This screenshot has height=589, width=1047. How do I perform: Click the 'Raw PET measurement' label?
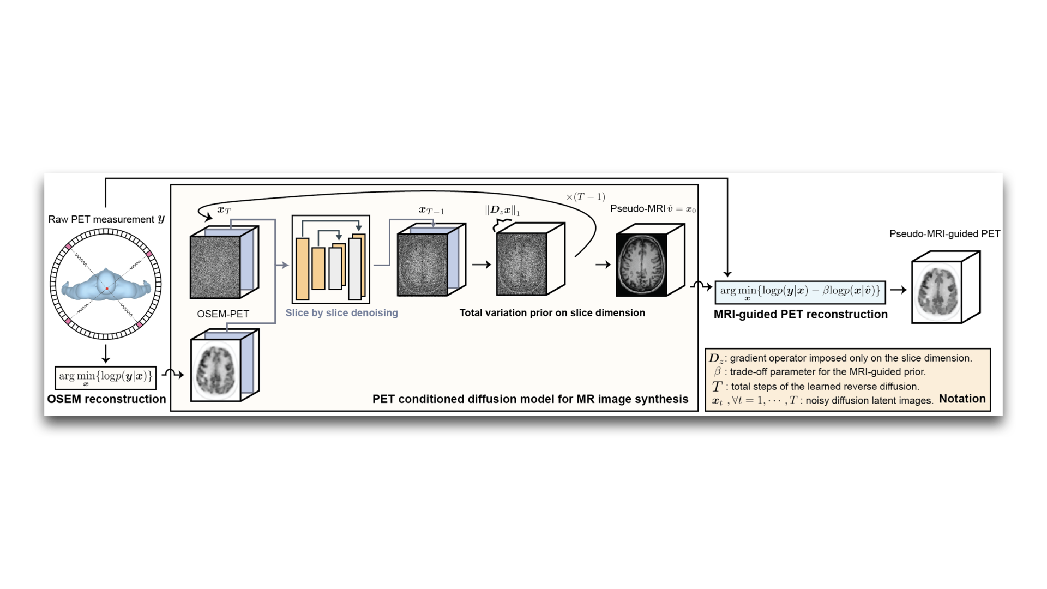tap(106, 219)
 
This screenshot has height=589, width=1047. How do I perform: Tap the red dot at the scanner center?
tap(107, 288)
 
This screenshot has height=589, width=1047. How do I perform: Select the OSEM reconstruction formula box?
tap(106, 377)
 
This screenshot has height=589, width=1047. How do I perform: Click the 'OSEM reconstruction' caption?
tap(106, 399)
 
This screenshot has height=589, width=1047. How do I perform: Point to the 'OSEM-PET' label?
tap(223, 314)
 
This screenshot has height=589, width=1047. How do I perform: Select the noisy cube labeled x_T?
tap(215, 267)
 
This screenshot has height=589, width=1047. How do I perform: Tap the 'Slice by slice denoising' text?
tap(341, 313)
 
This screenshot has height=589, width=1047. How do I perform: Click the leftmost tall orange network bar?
tap(302, 268)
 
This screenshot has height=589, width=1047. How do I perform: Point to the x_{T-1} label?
tap(431, 211)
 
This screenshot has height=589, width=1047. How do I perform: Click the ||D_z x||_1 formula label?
tap(502, 211)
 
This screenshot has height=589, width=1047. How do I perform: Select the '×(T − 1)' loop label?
tap(586, 197)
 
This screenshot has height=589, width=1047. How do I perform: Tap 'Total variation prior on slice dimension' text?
tap(552, 313)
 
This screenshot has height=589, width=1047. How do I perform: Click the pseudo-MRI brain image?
tap(642, 265)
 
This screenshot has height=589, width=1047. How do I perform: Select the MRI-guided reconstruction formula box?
tap(800, 292)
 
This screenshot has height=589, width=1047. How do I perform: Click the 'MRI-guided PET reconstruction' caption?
tap(801, 315)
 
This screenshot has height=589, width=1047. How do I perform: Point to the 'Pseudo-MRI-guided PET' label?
tap(944, 234)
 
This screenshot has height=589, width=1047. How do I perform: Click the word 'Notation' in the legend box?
tap(962, 399)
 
